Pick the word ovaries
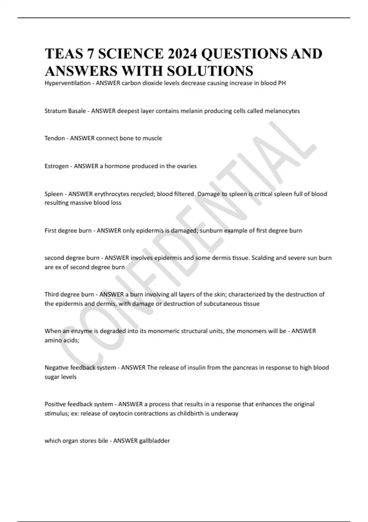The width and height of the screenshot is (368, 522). [x=186, y=166]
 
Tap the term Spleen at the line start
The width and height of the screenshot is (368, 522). [x=54, y=194]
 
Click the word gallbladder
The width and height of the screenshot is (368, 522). [x=155, y=441]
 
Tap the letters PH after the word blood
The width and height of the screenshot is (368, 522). [x=282, y=83]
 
